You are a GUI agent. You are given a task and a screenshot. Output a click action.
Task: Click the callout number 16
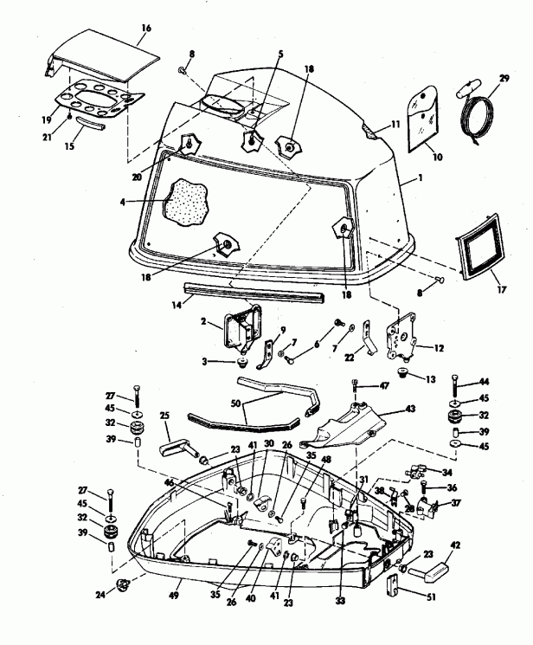pos(145,29)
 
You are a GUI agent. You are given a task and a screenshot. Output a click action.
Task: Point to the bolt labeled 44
pos(458,383)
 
